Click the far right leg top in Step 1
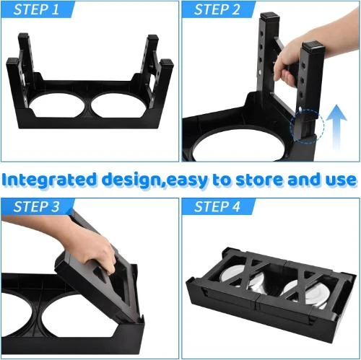[x=166, y=64]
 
